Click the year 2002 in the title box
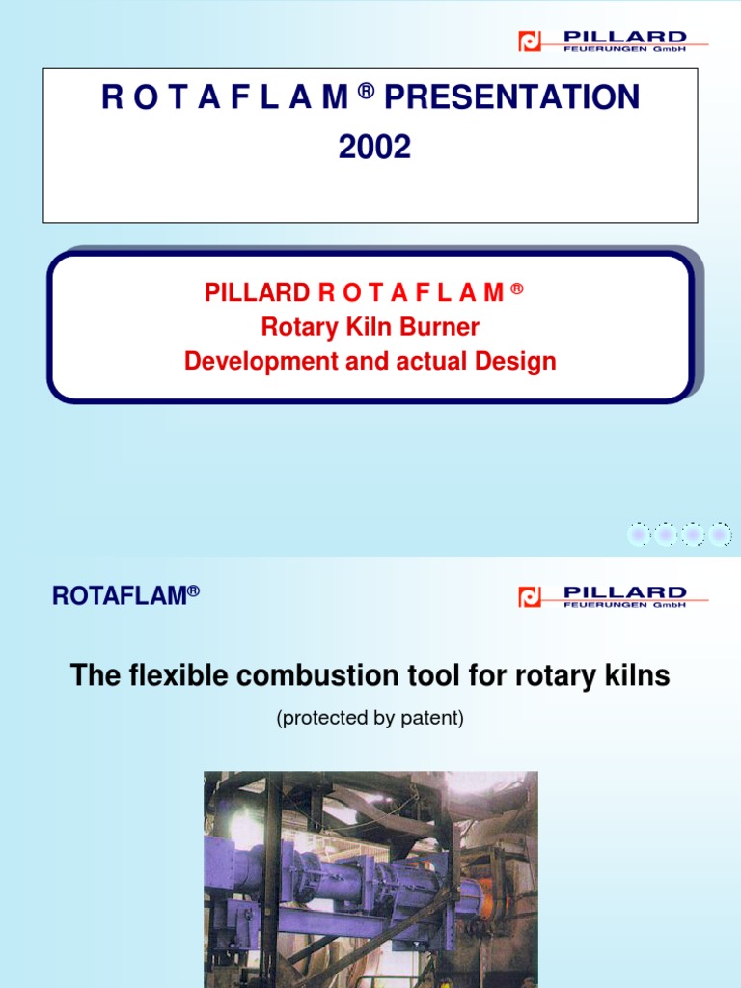click(373, 148)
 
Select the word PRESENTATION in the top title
click(511, 97)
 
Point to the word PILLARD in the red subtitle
click(256, 293)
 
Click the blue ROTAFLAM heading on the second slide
click(119, 596)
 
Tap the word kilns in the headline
click(637, 676)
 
